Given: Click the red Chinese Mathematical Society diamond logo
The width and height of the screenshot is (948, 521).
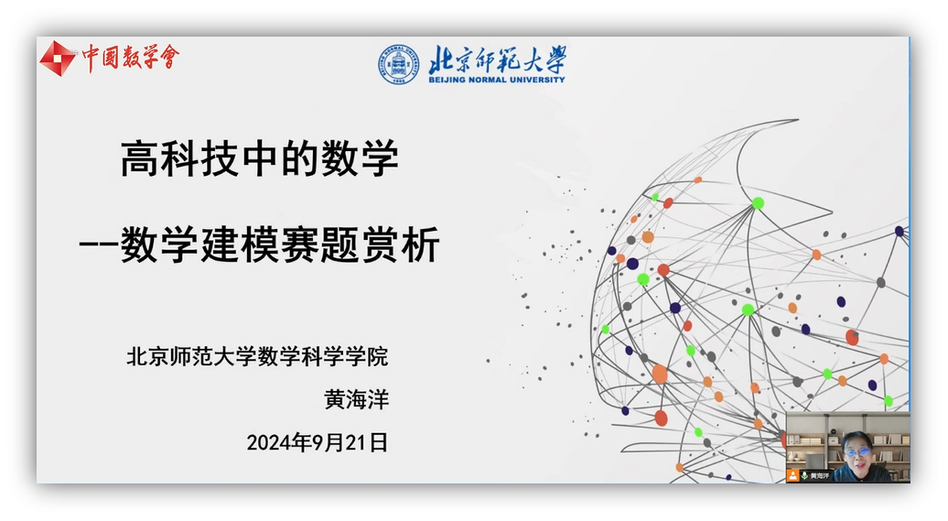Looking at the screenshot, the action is click(58, 59).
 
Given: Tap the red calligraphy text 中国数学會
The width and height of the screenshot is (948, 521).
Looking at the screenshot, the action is click(131, 58).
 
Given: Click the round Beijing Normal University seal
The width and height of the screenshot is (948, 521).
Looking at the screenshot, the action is click(398, 64).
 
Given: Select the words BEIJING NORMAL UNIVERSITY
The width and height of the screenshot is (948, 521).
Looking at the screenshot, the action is click(497, 80).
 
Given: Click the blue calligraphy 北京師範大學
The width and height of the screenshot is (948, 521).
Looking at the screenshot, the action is click(498, 60).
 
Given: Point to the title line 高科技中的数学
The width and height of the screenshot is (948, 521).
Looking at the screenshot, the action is click(260, 158).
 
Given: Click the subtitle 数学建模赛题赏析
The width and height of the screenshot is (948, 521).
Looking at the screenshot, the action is click(280, 244).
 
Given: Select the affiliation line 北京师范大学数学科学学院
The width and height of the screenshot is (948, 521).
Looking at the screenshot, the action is click(257, 356).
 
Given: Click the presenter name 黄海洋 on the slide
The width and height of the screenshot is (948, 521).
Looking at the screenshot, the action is click(357, 399).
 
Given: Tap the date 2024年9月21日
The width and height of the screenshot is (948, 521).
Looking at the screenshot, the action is click(317, 442).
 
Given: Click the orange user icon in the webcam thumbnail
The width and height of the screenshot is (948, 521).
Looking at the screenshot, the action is click(792, 475).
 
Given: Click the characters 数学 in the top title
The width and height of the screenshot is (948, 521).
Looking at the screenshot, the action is click(360, 158).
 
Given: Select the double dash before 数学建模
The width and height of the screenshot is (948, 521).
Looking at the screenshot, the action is click(99, 245).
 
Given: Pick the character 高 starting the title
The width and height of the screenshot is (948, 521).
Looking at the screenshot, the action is click(140, 158).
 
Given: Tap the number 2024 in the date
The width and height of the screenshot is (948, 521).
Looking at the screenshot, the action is click(269, 443).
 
